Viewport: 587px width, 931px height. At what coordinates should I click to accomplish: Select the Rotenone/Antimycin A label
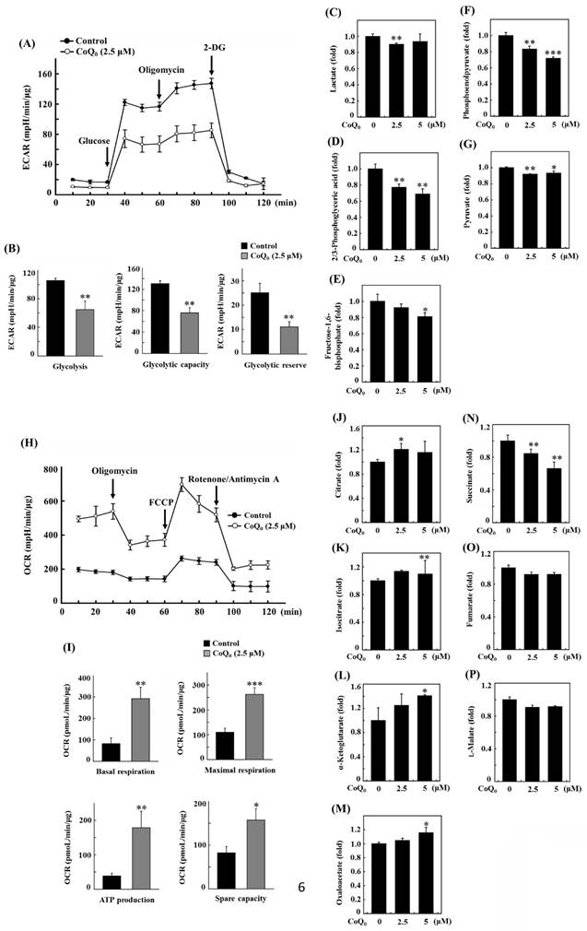[x=229, y=478]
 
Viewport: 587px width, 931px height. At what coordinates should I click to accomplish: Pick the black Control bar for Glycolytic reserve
[x=260, y=324]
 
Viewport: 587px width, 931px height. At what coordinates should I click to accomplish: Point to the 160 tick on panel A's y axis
[x=48, y=73]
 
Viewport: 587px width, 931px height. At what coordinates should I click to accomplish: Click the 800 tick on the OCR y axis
[x=48, y=470]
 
